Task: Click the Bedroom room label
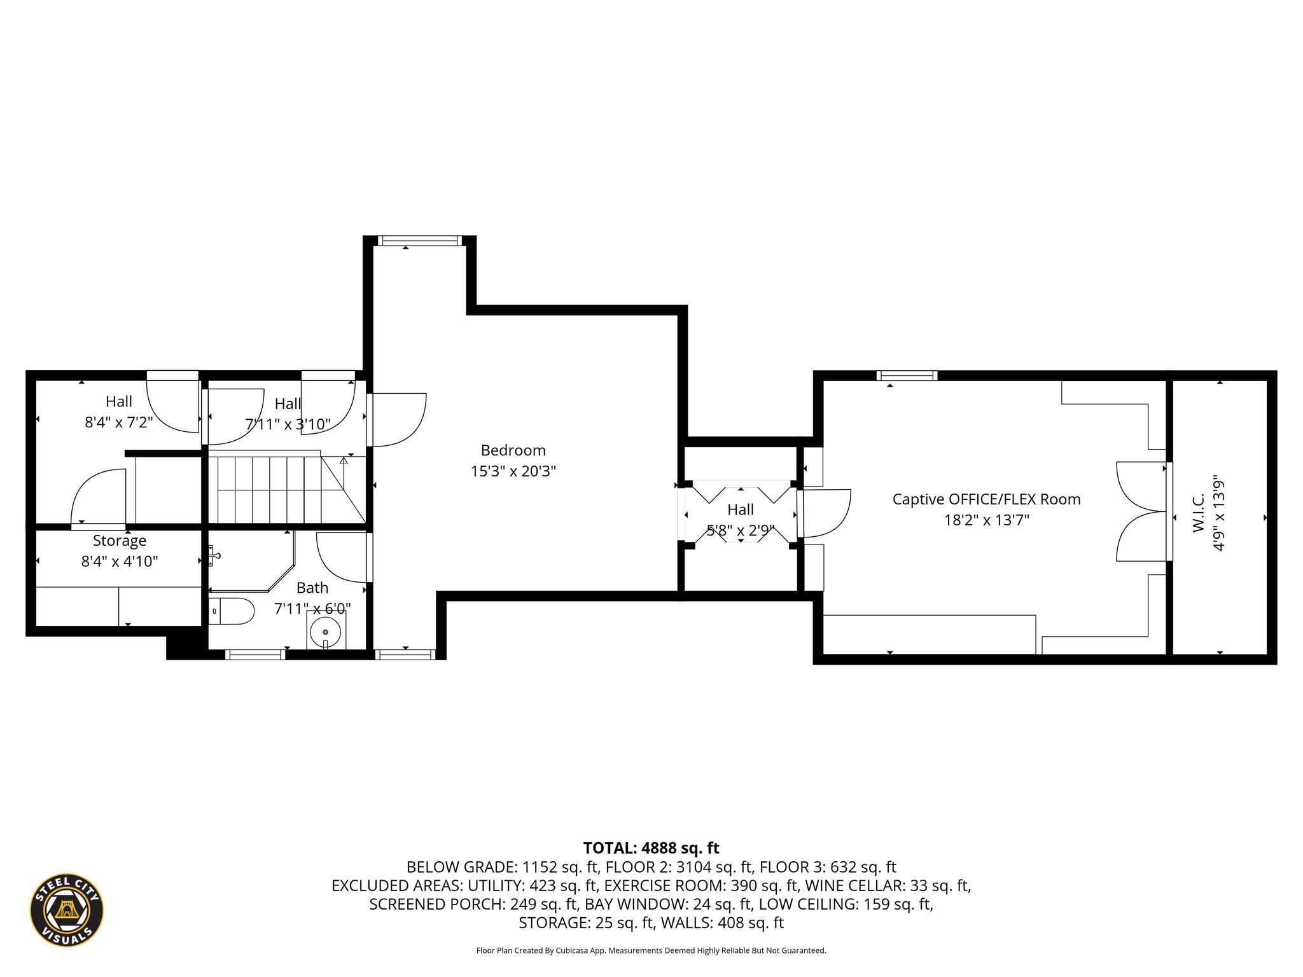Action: point(513,450)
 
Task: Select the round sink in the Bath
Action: point(325,632)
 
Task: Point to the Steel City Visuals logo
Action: point(67,910)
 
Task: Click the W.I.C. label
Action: point(1199,513)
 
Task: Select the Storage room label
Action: point(120,541)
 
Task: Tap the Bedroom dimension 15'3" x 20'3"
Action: point(513,471)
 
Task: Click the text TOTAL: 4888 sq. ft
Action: point(651,848)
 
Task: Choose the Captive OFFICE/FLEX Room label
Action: point(986,499)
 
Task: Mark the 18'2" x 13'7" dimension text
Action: point(986,520)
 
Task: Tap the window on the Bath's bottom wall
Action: point(254,655)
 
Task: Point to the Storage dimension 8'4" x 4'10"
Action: point(120,562)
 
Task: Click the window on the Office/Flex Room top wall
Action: point(907,376)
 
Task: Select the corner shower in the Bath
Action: point(252,562)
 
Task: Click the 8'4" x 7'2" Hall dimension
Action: point(119,422)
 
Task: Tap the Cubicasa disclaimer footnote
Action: point(651,951)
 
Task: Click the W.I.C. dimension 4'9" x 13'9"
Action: point(1219,513)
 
